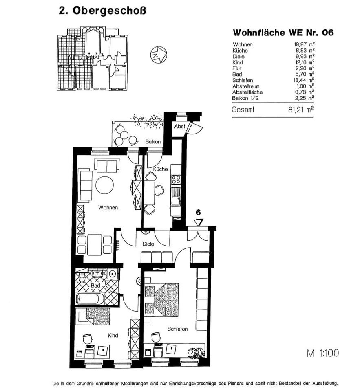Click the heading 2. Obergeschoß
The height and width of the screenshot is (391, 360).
pos(102,11)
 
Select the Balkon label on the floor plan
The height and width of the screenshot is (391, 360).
pos(153,142)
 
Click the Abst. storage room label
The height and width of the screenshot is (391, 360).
pos(180,127)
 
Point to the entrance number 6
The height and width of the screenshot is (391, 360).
pos(198,213)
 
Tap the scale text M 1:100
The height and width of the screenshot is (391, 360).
pos(322,353)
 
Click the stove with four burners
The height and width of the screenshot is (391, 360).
pos(176,179)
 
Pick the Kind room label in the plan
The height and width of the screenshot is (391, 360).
pos(113,335)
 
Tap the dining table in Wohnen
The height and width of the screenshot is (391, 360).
pos(95,244)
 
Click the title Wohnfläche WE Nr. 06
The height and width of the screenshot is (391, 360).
pos(283,33)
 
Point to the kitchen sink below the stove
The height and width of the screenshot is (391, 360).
pos(176,200)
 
